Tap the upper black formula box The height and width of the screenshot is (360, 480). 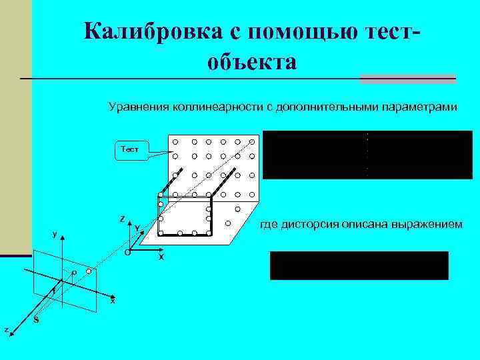coord(367,155)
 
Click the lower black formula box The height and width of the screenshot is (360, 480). coord(359,265)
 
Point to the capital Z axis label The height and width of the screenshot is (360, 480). coord(121,219)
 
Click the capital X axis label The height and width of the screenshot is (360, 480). coord(161,257)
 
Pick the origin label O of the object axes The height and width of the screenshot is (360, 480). coord(127,253)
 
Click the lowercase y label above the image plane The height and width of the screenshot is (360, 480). coord(55,235)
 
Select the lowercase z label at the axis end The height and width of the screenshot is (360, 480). coord(6,329)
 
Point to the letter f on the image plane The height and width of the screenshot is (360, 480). coord(53,291)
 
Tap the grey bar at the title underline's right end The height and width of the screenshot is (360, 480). coord(407,79)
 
